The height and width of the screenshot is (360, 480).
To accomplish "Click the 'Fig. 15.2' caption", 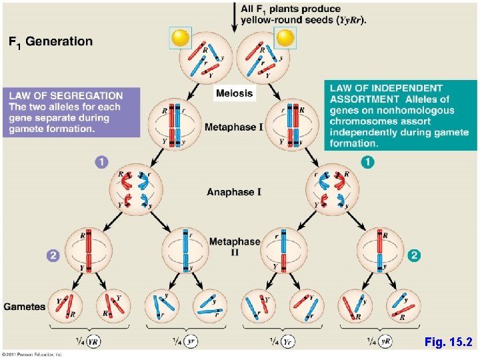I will coord(447,342).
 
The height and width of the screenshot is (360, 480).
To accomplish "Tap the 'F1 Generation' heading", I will coord(51,42).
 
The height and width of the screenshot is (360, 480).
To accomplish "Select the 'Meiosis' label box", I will coord(234,93).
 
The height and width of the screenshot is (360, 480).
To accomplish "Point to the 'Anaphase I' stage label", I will coord(234,192).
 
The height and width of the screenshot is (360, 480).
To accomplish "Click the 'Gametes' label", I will coord(25,307).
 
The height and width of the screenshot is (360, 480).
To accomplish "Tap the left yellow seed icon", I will coord(180,38).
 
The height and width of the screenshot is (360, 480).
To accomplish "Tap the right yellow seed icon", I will coord(285,38).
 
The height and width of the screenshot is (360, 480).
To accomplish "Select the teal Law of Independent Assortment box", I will coord(401,115).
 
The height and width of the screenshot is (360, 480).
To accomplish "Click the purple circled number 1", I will coord(101,161).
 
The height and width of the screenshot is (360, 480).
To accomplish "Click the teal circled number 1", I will coord(368,161).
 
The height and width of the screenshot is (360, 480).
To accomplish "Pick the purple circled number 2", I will coord(53,254).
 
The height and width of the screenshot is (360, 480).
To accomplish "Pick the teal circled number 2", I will coord(415,254).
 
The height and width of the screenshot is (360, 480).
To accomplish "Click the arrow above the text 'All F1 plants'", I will coord(234,17).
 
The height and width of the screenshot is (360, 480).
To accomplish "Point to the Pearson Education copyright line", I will coord(33,354).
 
